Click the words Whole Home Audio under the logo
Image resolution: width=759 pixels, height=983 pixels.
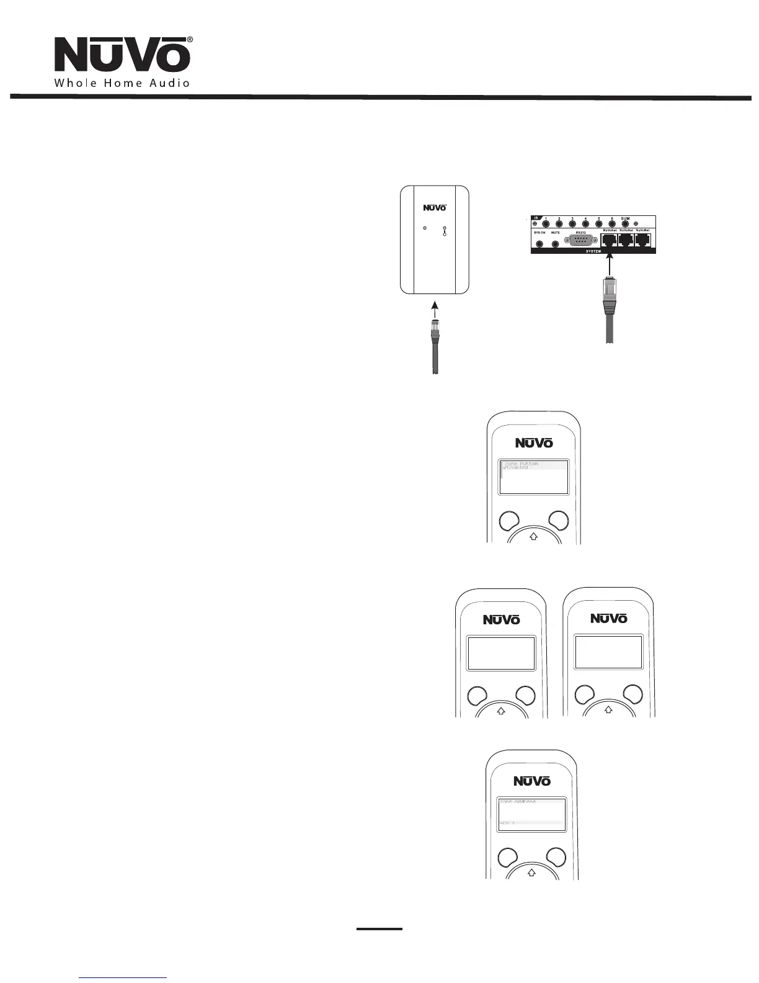tap(122, 83)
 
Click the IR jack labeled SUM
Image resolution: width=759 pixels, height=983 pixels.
tap(625, 224)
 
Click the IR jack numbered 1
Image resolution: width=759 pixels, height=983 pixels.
tap(546, 224)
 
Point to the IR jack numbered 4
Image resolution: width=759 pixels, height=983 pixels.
tap(585, 224)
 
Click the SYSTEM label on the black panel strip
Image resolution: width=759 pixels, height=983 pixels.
tap(593, 251)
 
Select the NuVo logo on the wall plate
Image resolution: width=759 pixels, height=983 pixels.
tap(434, 208)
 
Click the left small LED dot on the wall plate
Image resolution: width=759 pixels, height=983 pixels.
tap(424, 229)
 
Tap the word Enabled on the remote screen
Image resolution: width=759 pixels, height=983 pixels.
tap(517, 467)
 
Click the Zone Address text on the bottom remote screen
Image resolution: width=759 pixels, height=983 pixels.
tap(518, 801)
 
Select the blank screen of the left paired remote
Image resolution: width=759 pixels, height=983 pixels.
tap(501, 653)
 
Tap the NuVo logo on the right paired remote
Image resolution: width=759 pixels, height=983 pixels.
tap(608, 618)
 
